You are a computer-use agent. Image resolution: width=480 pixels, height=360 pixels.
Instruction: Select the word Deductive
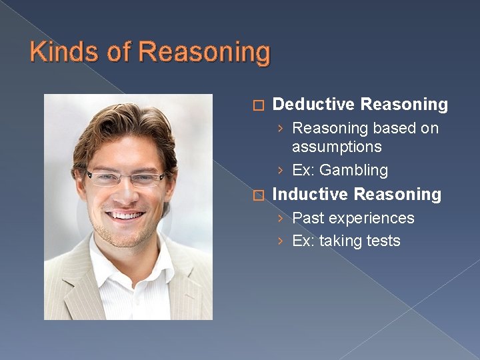[x=313, y=104]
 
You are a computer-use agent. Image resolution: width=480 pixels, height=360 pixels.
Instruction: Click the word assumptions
[x=337, y=147]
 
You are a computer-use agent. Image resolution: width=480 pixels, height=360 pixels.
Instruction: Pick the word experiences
[x=374, y=219]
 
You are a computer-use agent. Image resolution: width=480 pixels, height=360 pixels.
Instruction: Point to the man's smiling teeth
[x=127, y=215]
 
